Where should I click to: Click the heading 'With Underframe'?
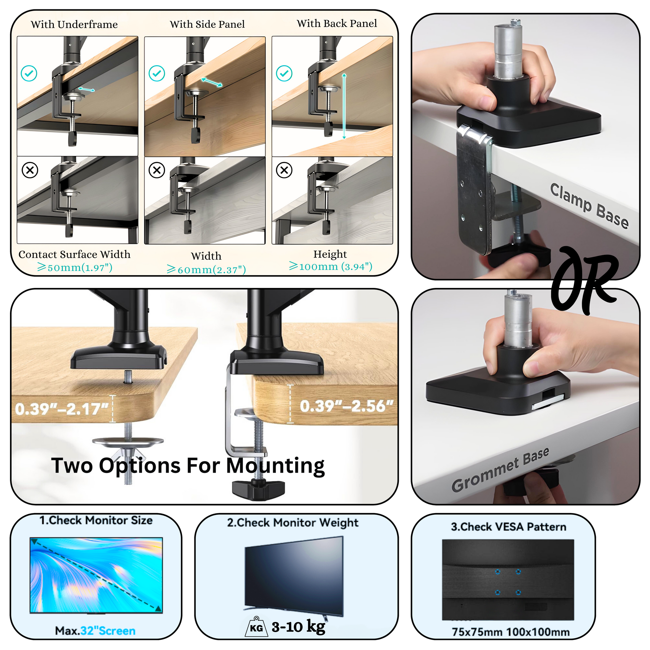coord(74,25)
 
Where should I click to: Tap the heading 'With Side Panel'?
coord(207,24)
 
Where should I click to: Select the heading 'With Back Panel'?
coord(337,24)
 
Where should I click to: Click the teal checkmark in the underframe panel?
coord(29,73)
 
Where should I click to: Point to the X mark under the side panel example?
coord(157,170)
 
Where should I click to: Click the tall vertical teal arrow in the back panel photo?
coord(344,106)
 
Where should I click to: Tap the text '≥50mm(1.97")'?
coord(75,268)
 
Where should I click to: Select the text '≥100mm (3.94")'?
coord(331,267)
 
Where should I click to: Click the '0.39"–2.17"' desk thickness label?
coord(62,409)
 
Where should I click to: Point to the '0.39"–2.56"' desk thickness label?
coord(346,406)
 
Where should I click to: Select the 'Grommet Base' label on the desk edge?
coord(500,469)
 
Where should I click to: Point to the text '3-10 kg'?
coord(298,627)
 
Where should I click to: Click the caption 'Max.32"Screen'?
coord(95,631)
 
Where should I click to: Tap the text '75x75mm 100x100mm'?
coord(511,632)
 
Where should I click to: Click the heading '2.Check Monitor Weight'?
coord(293,522)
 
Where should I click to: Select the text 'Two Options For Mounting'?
coord(188,466)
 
